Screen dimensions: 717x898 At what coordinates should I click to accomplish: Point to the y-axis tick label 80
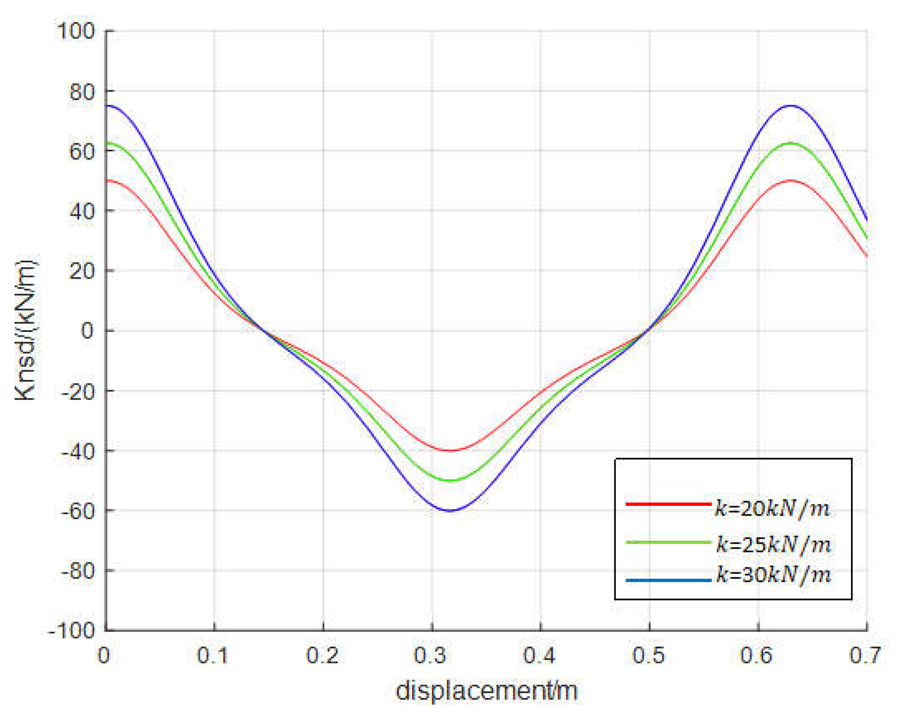coord(82,91)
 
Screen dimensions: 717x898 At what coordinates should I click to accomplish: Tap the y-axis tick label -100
coord(72,631)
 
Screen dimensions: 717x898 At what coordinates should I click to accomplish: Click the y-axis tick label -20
coord(77,391)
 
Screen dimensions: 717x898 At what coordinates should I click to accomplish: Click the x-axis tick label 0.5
coord(649,655)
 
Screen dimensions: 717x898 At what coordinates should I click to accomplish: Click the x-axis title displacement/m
coord(487,691)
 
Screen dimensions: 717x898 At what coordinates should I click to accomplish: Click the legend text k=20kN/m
coord(772,509)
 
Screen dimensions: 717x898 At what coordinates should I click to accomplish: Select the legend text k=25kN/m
coord(774,545)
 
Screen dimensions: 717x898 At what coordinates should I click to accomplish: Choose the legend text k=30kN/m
coord(774,575)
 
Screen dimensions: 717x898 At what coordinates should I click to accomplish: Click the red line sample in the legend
coord(668,504)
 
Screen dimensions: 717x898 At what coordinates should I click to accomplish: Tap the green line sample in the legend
coord(668,542)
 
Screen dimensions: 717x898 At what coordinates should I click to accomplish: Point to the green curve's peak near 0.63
coord(790,143)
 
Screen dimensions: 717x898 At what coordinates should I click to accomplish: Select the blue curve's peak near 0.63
coord(790,106)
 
